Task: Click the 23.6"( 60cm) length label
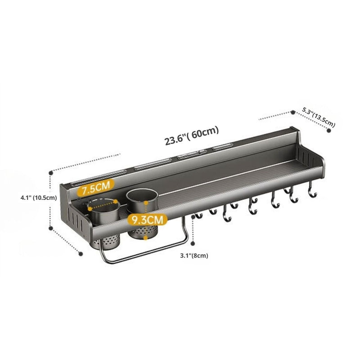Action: tap(191, 135)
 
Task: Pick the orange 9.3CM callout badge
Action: tap(147, 220)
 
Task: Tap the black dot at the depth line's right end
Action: tap(329, 130)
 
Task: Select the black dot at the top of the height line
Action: tap(51, 171)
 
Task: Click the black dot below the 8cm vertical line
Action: tap(193, 243)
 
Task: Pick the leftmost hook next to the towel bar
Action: tap(196, 216)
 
